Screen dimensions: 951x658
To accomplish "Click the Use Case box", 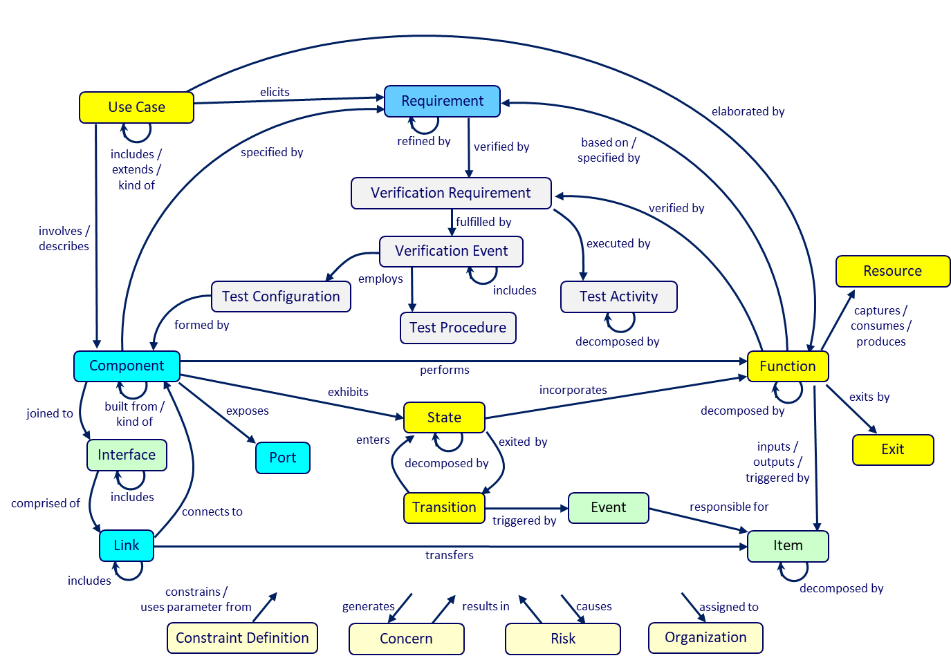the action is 136,107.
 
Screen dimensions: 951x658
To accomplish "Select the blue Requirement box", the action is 442,101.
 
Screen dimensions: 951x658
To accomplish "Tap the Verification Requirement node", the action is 451,193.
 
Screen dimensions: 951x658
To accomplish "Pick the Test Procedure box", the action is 458,328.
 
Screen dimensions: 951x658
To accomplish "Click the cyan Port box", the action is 283,458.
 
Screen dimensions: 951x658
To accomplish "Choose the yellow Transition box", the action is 444,508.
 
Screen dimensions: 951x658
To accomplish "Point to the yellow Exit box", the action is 893,450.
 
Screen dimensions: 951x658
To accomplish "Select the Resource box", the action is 892,271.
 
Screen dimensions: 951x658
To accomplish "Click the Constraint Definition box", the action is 242,638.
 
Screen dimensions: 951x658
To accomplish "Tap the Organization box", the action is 705,638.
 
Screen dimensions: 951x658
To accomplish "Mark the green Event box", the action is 608,508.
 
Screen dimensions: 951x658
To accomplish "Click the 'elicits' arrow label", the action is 275,92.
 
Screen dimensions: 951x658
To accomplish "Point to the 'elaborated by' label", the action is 748,111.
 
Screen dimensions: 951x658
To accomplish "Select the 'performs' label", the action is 445,370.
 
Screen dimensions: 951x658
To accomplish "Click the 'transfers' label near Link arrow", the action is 449,555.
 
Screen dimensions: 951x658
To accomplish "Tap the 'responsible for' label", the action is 729,507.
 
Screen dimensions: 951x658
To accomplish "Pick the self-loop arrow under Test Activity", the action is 620,322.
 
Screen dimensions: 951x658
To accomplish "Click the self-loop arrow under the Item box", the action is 793,572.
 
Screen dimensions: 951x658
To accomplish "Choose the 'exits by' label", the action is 869,397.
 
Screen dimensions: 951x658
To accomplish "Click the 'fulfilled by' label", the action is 483,222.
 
